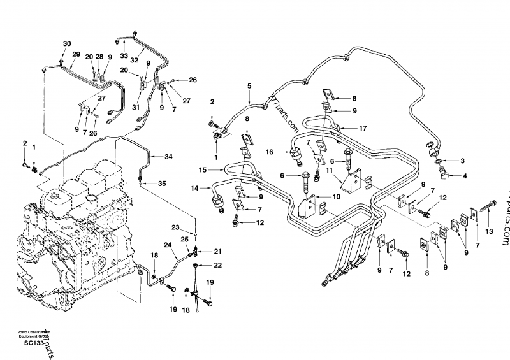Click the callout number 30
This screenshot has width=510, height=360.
pyautogui.click(x=67, y=43)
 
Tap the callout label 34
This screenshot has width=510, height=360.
pyautogui.click(x=168, y=156)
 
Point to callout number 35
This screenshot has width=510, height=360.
pyautogui.click(x=162, y=184)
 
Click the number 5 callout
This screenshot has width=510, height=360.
pyautogui.click(x=249, y=85)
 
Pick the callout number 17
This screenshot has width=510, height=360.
pyautogui.click(x=363, y=128)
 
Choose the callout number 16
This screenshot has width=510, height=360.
pyautogui.click(x=270, y=152)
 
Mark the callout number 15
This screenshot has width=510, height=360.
pyautogui.click(x=202, y=170)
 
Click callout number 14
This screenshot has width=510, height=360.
pyautogui.click(x=195, y=188)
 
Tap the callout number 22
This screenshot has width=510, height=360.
pyautogui.click(x=217, y=264)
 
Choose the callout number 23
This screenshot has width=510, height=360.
pyautogui.click(x=175, y=227)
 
